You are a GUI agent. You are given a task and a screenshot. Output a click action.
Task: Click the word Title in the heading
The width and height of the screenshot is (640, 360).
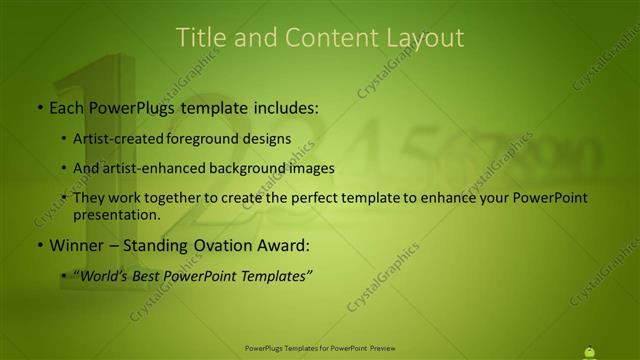tap(198, 38)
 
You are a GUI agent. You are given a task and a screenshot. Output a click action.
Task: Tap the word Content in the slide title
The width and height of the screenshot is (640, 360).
tap(319, 38)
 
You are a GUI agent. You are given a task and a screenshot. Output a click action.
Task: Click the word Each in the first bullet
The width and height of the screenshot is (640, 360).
tap(67, 105)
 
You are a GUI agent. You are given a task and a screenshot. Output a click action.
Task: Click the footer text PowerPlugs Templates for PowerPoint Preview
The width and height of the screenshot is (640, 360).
tap(320, 348)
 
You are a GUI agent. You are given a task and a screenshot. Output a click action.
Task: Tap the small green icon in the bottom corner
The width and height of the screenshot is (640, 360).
tap(589, 350)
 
